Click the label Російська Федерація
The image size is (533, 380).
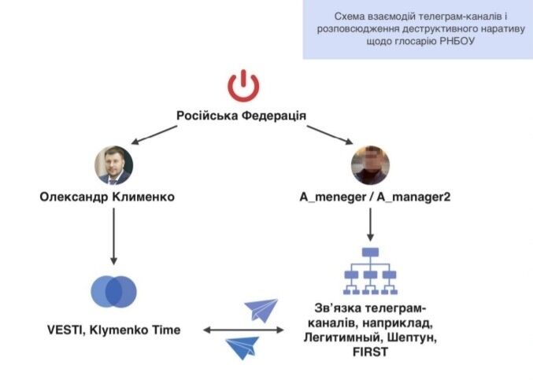pos(241,116)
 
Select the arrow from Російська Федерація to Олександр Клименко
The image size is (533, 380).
pos(154,135)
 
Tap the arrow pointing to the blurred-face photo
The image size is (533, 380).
pos(330,135)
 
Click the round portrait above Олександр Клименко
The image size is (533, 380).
pos(113,165)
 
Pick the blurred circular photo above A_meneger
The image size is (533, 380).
pos(370,165)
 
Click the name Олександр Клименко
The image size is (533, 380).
pos(107,197)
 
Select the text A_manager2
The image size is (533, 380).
pos(413,197)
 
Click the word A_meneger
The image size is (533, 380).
pos(333,197)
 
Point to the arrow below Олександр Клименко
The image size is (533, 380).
pos(114,236)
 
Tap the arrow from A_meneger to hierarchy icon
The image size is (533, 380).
pos(371,224)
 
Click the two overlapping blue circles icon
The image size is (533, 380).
pos(113,292)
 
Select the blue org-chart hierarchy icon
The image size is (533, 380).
pos(370,271)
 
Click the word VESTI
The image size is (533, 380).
pos(66,330)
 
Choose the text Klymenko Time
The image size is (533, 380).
pos(135,330)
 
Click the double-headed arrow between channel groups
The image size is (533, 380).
pos(243,330)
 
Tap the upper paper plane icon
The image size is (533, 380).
pos(261,311)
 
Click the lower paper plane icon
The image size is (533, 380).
pos(242,348)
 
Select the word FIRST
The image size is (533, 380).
pos(370,352)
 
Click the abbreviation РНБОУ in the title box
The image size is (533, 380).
pos(457,41)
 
